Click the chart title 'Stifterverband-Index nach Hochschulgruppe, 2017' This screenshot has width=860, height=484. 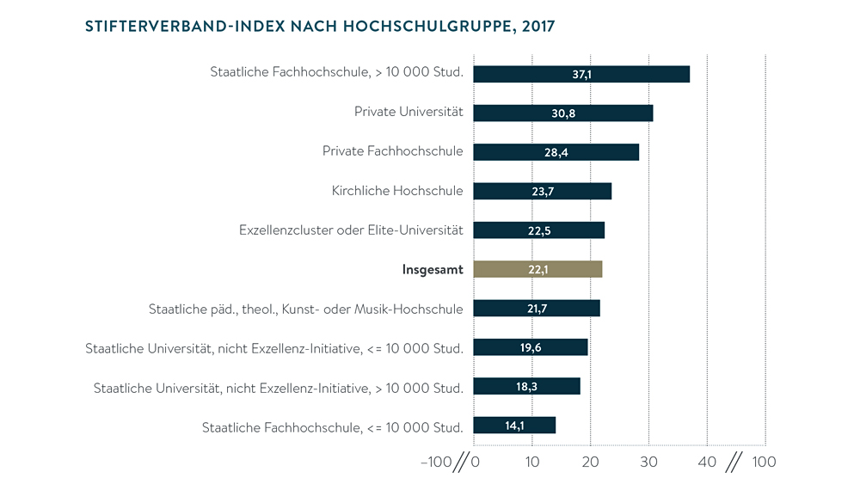click(320, 26)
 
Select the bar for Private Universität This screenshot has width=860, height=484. click(563, 113)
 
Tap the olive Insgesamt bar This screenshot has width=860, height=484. click(537, 269)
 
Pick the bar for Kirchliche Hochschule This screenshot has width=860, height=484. click(543, 191)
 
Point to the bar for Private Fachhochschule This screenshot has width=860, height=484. click(556, 152)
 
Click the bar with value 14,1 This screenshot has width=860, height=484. click(514, 425)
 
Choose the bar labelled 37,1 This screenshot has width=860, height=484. click(581, 74)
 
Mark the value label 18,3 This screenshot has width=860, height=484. click(527, 386)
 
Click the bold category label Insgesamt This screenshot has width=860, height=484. click(433, 270)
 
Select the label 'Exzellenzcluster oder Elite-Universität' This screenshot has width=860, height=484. click(351, 230)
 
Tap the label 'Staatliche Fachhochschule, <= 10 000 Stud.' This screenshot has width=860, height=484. click(333, 427)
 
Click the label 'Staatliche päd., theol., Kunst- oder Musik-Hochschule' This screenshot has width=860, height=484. click(306, 309)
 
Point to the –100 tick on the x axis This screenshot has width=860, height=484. click(435, 463)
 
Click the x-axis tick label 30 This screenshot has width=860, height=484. click(648, 463)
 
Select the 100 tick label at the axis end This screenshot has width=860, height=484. click(764, 463)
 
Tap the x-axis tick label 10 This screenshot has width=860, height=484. click(532, 463)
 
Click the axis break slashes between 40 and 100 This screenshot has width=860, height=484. click(734, 463)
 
